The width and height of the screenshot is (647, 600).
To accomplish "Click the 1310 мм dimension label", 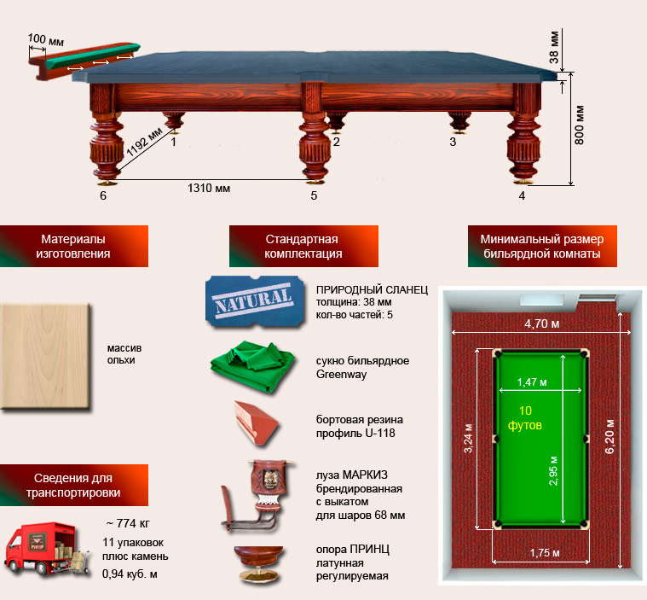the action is point(209,189).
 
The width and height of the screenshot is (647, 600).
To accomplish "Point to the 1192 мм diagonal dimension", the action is point(144,143).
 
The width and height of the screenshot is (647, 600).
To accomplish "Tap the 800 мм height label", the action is point(580,125).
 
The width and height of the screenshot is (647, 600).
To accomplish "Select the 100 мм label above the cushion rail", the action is point(45,39).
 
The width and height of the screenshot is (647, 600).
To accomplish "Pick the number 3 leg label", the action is point(453,142).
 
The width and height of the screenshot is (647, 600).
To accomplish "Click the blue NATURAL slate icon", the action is point(255,302).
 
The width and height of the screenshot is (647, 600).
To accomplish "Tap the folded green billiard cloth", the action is point(253,366).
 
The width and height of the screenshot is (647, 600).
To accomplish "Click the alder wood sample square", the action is point(45,357).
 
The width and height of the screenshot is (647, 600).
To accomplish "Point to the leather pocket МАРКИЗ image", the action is point(258,495).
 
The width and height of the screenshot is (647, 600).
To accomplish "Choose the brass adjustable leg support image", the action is point(259,563).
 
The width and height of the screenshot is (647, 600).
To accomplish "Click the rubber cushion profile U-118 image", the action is point(256,422).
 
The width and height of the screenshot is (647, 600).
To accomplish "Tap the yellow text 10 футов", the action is point(525,417).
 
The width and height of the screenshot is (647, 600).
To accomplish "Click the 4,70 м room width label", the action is point(542,323).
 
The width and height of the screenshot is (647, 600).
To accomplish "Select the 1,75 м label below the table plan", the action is point(545,553).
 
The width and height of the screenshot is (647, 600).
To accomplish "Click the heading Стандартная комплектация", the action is point(303,247).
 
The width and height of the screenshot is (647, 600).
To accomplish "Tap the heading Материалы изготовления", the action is point(73,247).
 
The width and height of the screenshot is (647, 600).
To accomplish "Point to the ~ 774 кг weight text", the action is point(128,523).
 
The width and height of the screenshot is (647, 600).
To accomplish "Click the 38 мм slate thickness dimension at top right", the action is point(554,47).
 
